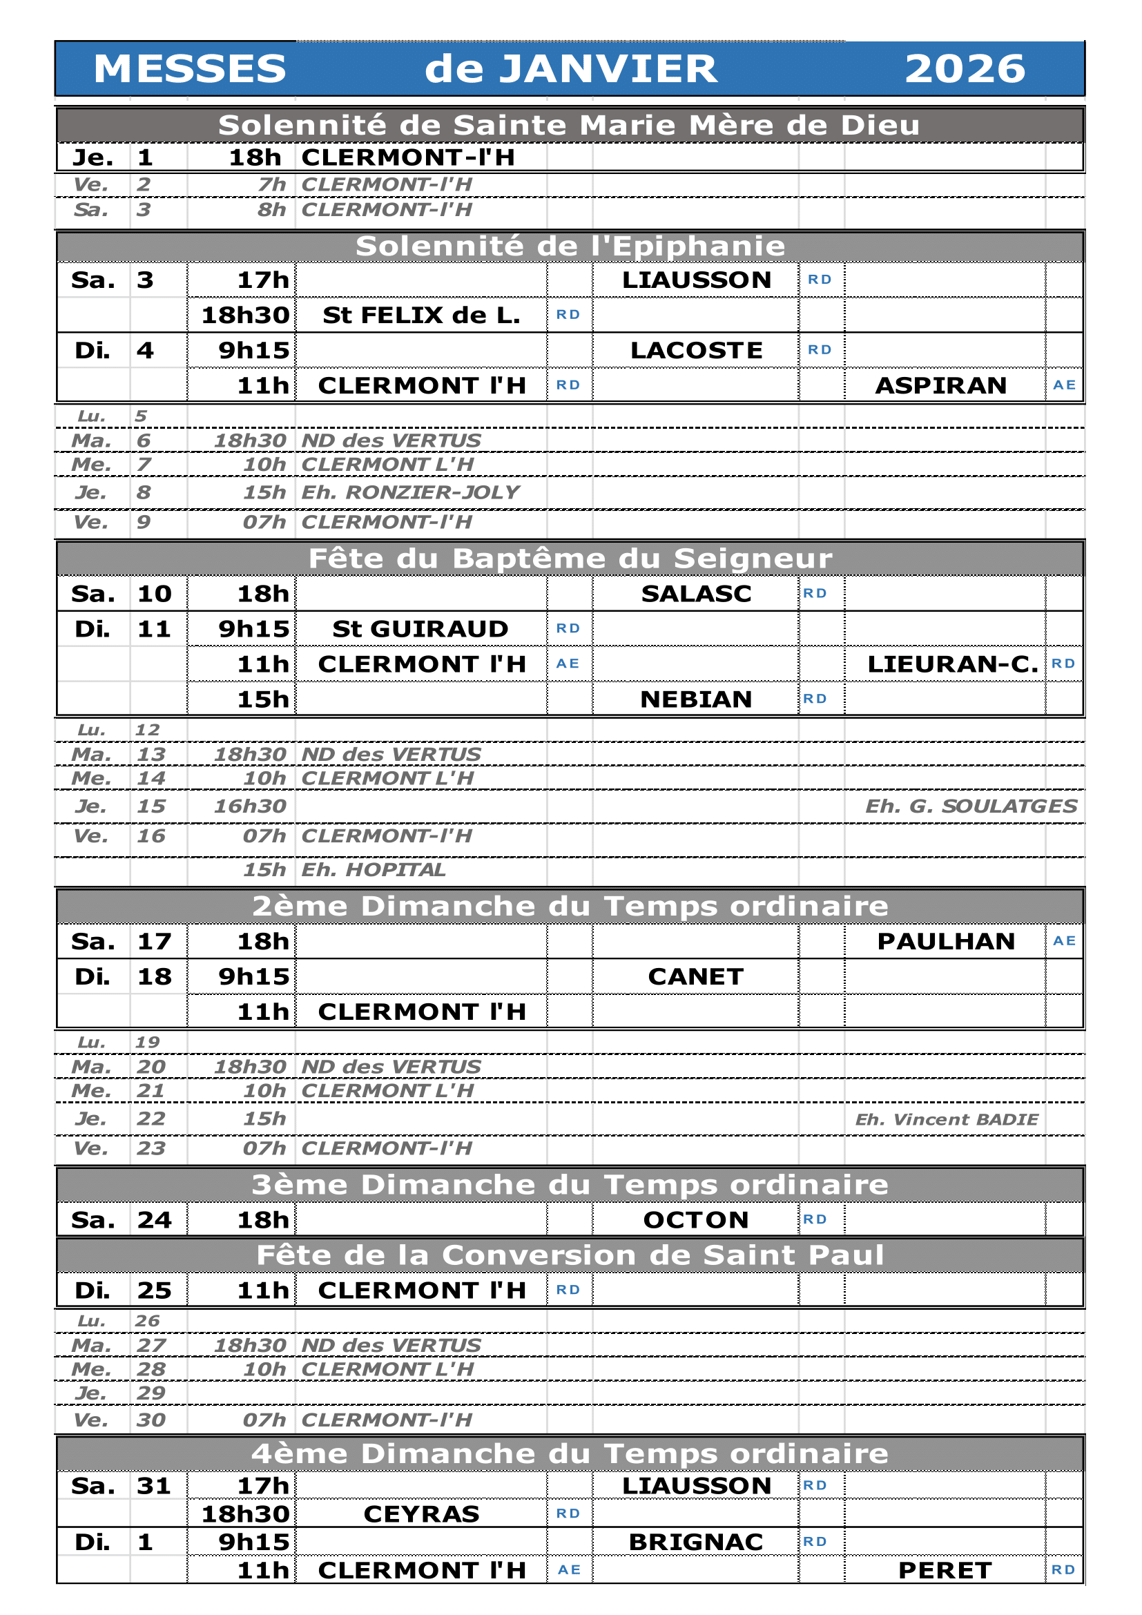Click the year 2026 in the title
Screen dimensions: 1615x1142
pos(964,69)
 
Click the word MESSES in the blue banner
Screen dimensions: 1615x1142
pos(190,69)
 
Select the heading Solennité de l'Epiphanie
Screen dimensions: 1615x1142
pos(570,246)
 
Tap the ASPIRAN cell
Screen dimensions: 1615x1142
pos(940,385)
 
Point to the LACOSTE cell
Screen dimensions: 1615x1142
pos(695,350)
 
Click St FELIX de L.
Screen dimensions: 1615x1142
pos(421,315)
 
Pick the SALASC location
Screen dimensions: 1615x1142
pos(695,594)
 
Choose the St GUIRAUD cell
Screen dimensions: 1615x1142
pos(420,629)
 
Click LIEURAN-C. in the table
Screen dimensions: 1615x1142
pos(952,664)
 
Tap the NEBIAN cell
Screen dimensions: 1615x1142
pos(695,699)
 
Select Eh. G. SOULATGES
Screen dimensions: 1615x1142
pos(970,806)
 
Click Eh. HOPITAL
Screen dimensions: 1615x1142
pos(374,870)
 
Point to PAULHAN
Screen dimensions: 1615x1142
pos(946,941)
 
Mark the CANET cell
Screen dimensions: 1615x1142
pos(695,976)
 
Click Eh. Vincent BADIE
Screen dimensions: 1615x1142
pos(946,1120)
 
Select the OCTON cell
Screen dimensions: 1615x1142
pos(695,1219)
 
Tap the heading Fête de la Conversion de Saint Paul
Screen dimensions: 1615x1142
pos(570,1255)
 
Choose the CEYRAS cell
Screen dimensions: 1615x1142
pos(421,1514)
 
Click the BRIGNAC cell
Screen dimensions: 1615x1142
pos(695,1542)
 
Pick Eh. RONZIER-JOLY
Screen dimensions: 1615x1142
pos(410,492)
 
